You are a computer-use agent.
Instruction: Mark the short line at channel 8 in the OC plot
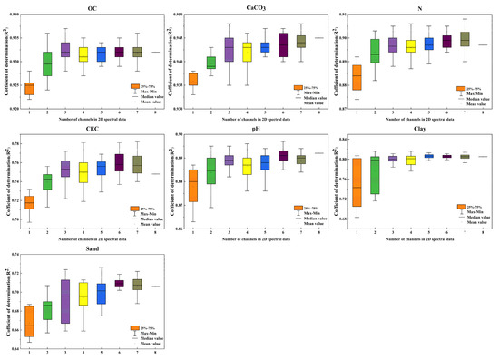point(156,52)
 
